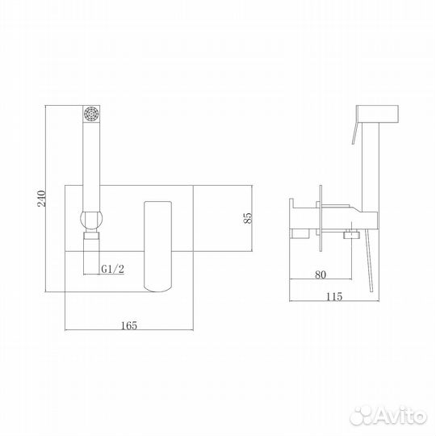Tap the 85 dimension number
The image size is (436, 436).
click(x=249, y=216)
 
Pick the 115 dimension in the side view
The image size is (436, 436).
click(x=336, y=296)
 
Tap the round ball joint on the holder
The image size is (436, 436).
click(x=91, y=220)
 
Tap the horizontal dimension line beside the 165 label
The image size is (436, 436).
click(x=89, y=330)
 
